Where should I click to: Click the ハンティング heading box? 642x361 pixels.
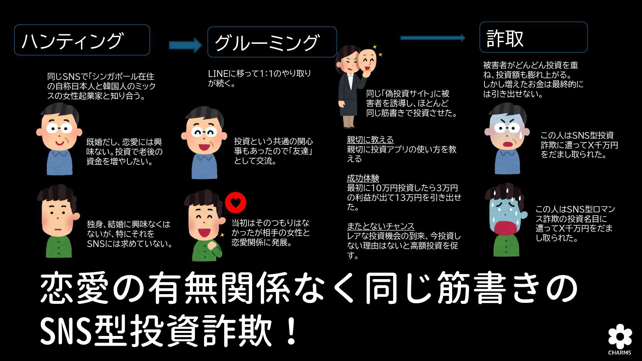82,40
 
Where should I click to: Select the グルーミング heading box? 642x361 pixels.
272,42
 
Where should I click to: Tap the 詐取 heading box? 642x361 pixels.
533,37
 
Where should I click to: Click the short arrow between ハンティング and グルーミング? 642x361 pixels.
185,45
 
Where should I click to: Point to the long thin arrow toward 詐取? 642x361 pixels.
432,38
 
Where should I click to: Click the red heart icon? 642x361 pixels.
236,203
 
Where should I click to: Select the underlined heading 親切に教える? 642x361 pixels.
370,140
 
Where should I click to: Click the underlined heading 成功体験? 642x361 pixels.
363,178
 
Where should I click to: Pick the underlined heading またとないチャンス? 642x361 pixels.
381,226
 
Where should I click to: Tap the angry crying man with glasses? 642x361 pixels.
507,139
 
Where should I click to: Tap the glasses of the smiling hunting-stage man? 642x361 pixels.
59,128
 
